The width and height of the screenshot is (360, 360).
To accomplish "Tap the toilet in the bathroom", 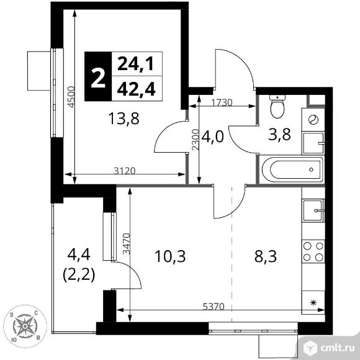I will click(x=277, y=108).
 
